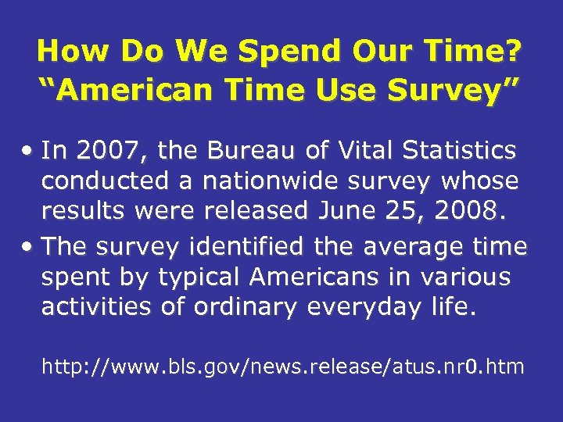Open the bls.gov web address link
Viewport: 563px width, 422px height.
(282, 366)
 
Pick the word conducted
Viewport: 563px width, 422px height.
(106, 181)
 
